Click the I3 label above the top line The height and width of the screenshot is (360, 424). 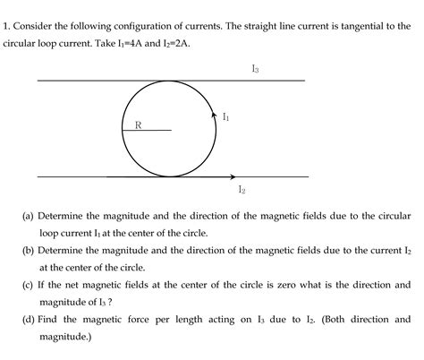point(256,69)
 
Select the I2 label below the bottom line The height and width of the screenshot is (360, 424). point(242,189)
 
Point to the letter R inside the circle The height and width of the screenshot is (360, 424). point(137,124)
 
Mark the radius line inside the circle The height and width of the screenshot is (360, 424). point(147,131)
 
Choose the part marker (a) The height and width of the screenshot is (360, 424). point(29,216)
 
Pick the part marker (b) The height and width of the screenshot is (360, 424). point(29,251)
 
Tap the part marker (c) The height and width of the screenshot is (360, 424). point(29,286)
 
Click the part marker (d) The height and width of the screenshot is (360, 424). point(29,320)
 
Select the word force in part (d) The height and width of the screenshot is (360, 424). point(136,320)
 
